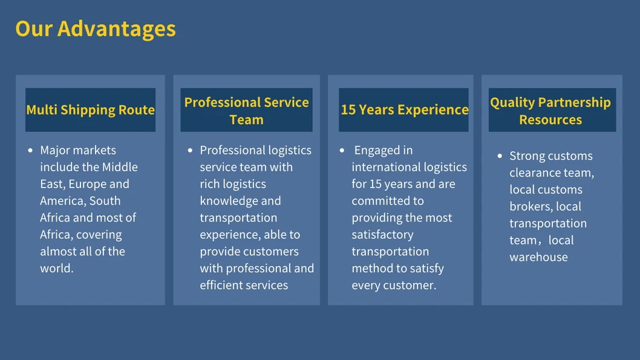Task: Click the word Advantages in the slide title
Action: click(x=117, y=29)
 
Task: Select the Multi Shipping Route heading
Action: click(x=91, y=110)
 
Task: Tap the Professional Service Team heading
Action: click(x=246, y=111)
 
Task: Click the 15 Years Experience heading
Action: click(x=404, y=110)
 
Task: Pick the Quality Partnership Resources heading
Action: click(x=550, y=111)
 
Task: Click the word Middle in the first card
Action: click(x=119, y=168)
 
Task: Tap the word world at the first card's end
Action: click(x=56, y=269)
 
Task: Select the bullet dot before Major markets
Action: click(x=31, y=151)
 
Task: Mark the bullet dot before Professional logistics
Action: click(x=191, y=151)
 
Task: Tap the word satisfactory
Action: click(x=382, y=235)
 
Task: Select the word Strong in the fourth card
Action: click(x=527, y=156)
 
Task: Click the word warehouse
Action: click(x=538, y=258)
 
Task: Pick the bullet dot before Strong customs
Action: click(x=500, y=156)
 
